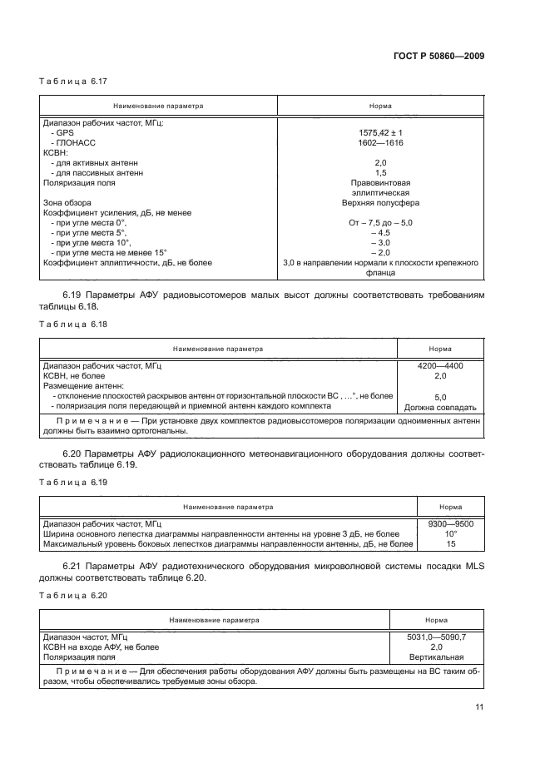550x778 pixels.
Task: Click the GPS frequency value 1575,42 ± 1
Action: [x=380, y=132]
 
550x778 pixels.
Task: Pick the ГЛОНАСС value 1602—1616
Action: [x=380, y=142]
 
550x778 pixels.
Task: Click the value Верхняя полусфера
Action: [x=380, y=202]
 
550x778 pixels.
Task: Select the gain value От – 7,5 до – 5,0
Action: [x=380, y=222]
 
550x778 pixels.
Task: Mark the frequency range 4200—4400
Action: [x=440, y=365]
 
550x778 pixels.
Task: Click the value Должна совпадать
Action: [x=440, y=407]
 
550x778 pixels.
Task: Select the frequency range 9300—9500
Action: [x=451, y=524]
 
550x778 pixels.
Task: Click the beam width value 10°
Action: [x=451, y=534]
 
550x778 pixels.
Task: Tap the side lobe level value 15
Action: [x=451, y=544]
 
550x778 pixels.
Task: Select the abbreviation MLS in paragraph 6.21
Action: [x=470, y=567]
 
